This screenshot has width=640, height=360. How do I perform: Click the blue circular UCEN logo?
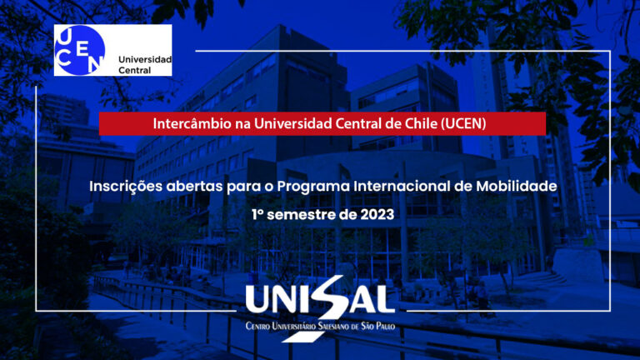[x=80, y=50]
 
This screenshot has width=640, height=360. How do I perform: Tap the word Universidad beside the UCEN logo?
[x=145, y=59]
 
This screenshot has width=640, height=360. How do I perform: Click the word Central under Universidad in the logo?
[x=135, y=70]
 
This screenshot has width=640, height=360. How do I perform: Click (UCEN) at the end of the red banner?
[x=463, y=123]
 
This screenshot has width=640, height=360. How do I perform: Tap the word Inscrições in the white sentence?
[x=126, y=187]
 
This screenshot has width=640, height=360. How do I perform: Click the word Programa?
[x=313, y=187]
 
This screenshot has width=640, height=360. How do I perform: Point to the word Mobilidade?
[x=517, y=186]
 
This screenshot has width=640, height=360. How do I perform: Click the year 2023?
[x=377, y=215]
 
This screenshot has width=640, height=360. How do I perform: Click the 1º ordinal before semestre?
[x=257, y=215]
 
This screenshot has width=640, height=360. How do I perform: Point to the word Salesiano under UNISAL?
[x=333, y=326]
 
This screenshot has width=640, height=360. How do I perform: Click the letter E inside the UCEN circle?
[x=82, y=49]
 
